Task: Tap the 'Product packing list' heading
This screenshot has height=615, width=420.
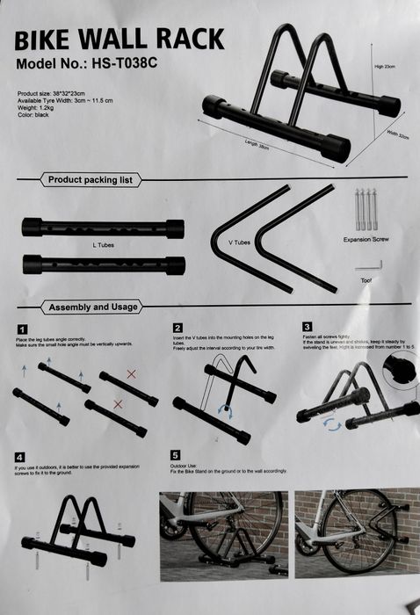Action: (90, 180)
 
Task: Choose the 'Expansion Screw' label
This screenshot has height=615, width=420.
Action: (367, 238)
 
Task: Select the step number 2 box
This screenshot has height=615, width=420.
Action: (177, 328)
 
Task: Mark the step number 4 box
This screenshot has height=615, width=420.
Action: (19, 457)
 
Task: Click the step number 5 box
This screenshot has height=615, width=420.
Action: (176, 454)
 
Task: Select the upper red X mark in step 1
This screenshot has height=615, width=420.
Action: (131, 374)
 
